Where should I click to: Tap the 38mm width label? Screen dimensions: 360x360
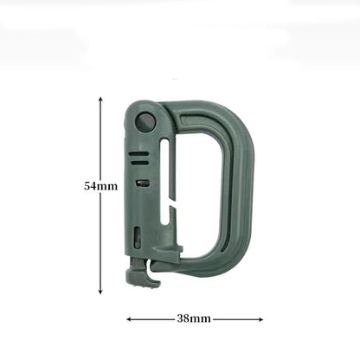tap(194, 318)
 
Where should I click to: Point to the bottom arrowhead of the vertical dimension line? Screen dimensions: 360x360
tap(102, 292)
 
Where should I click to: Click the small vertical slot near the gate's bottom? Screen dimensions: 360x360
tap(148, 243)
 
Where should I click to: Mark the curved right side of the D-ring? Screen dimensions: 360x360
tap(246, 186)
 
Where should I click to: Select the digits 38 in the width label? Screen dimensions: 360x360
tap(184, 318)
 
